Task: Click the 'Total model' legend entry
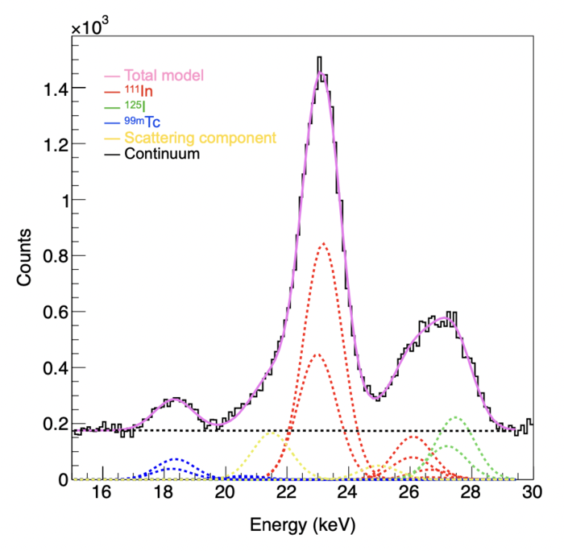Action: pyautogui.click(x=162, y=75)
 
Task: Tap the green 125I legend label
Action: pyautogui.click(x=138, y=107)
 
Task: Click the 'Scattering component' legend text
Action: pyautogui.click(x=200, y=138)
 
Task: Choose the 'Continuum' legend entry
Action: pyautogui.click(x=161, y=153)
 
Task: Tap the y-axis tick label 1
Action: pyautogui.click(x=58, y=201)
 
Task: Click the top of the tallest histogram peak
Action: pyautogui.click(x=320, y=58)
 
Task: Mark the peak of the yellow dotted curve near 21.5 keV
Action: pyautogui.click(x=272, y=432)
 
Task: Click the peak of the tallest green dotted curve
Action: pyautogui.click(x=456, y=417)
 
